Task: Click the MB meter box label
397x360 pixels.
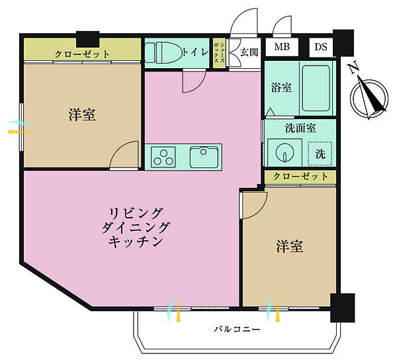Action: pyautogui.click(x=283, y=48)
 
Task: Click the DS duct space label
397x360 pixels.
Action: pyautogui.click(x=320, y=48)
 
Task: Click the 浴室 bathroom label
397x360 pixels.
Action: pyautogui.click(x=281, y=87)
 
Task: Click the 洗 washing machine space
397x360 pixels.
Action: pyautogui.click(x=320, y=154)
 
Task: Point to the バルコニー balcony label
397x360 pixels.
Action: pyautogui.click(x=236, y=329)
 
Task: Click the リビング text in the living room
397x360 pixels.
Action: pyautogui.click(x=136, y=212)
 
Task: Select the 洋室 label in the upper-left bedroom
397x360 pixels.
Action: pyautogui.click(x=82, y=115)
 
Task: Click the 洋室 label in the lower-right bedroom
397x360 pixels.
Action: pyautogui.click(x=289, y=247)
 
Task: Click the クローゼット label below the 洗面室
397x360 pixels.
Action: pyautogui.click(x=300, y=177)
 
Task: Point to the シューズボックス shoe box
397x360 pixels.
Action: pyautogui.click(x=218, y=51)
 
